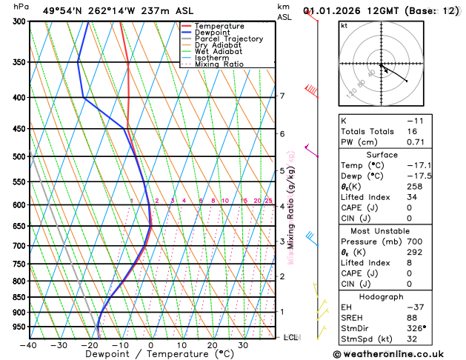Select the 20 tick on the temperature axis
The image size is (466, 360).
coord(212,345)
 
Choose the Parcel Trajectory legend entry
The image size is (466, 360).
coord(229,39)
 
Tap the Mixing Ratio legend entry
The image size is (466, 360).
coord(219,64)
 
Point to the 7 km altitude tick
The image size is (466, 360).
coord(282,96)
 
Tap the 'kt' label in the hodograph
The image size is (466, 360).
coord(344,26)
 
